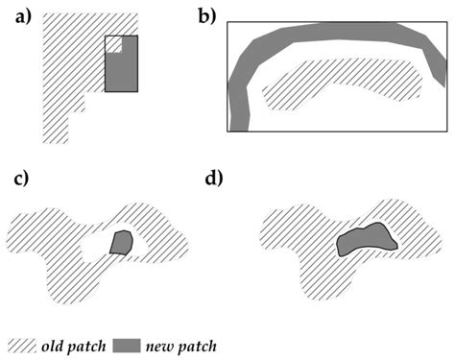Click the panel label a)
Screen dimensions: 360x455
[x=18, y=16]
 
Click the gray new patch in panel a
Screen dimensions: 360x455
[x=121, y=72]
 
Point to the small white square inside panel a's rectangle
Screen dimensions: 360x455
[x=113, y=44]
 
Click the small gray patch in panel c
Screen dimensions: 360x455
[x=120, y=242]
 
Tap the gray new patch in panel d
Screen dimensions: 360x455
[x=365, y=239]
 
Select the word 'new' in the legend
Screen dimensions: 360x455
[x=164, y=344]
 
